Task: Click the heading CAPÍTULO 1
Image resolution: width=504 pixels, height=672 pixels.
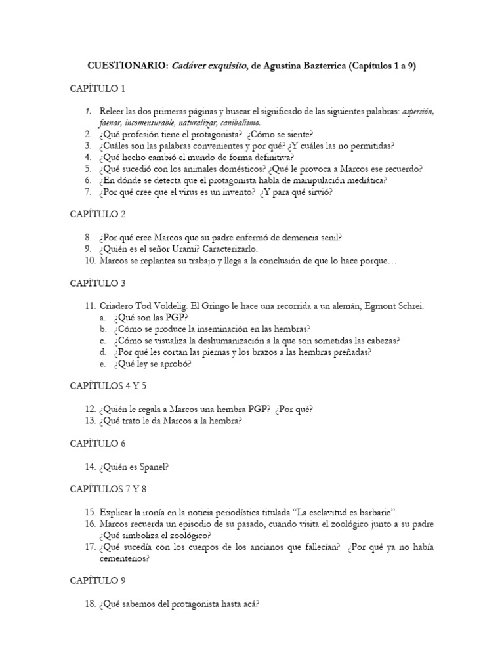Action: [97, 88]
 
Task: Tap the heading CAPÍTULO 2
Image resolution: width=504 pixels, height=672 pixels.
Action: [97, 214]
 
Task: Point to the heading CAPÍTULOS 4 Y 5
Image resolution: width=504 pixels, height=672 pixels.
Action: [107, 385]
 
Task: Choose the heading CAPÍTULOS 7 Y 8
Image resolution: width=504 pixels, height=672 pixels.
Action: [108, 489]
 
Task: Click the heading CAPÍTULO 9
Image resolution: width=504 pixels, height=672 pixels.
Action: [97, 581]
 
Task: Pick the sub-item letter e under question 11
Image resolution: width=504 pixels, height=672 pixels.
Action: [102, 363]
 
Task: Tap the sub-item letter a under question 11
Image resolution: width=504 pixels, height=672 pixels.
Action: [102, 317]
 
